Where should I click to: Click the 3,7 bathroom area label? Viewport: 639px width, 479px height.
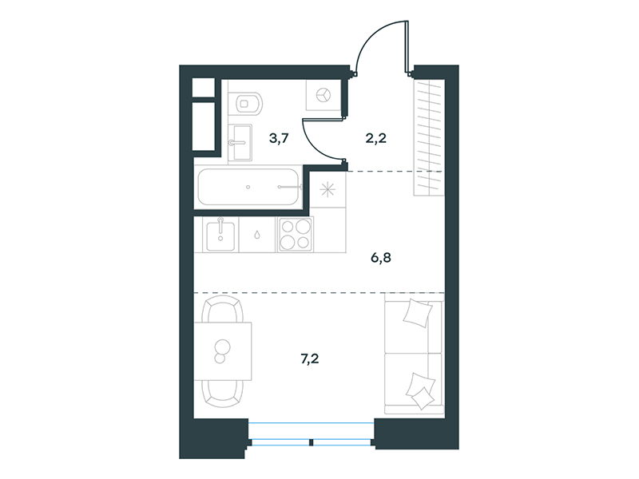[279, 138]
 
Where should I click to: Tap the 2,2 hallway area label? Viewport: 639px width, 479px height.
[375, 138]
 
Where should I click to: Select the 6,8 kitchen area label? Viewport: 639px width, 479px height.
[381, 257]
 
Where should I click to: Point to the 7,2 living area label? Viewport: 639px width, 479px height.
[309, 358]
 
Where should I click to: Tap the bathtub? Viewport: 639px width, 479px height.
[249, 187]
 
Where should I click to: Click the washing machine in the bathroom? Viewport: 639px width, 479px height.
[323, 95]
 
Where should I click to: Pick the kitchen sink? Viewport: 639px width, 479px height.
[220, 235]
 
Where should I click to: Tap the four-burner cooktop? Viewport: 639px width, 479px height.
[296, 234]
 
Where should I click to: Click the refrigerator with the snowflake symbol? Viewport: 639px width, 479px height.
[328, 190]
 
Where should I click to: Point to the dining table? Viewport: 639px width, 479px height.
[223, 351]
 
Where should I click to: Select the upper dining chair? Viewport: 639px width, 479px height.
[224, 309]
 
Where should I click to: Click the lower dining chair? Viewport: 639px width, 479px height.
[224, 394]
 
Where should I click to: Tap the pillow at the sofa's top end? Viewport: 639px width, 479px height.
[418, 313]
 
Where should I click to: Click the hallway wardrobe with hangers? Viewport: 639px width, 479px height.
[429, 137]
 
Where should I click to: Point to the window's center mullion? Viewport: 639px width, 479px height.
[311, 442]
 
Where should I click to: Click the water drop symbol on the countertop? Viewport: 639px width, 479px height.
[257, 235]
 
